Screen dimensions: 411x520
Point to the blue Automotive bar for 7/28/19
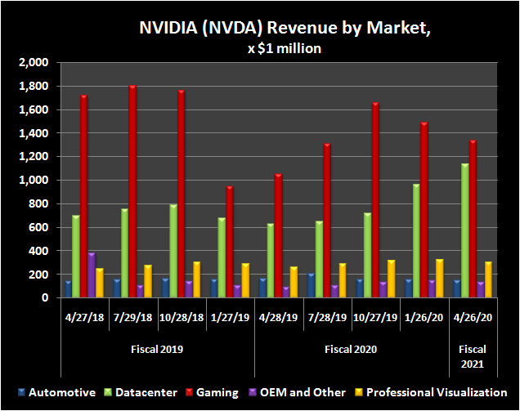coord(311,286)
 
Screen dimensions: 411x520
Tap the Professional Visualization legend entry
coord(437,392)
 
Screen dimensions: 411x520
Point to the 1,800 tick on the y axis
coord(37,86)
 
